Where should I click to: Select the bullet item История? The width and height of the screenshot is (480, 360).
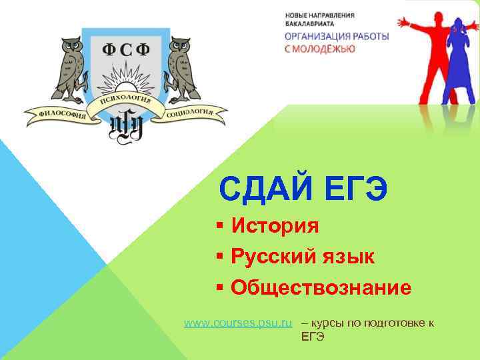click(275, 226)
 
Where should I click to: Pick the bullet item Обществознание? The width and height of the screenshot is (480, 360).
click(321, 288)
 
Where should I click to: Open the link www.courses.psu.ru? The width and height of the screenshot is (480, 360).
click(238, 323)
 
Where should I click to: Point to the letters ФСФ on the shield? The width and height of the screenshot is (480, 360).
click(125, 50)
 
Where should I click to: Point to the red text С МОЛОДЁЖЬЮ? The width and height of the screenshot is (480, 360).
click(320, 49)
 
